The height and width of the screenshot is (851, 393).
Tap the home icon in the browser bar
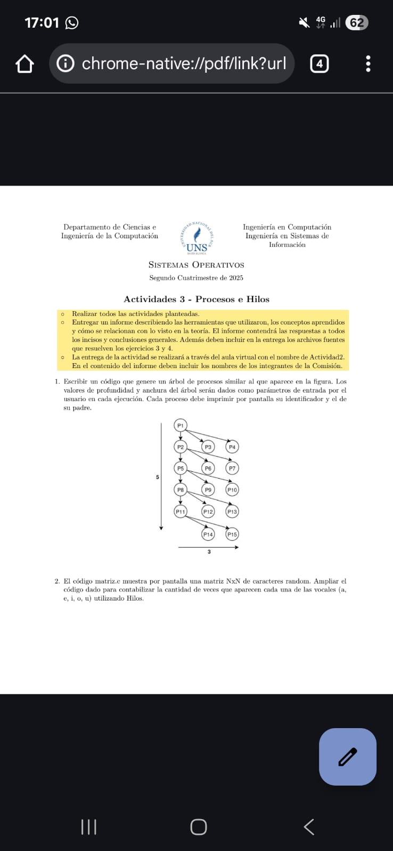point(24,64)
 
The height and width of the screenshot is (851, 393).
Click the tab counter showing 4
point(319,64)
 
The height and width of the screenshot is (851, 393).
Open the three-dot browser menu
point(368,64)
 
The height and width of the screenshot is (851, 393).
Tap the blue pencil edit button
point(348,756)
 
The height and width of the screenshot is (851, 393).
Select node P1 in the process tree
point(181,425)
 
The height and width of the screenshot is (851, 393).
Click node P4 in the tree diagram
point(232,447)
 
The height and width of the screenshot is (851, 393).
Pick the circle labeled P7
point(232,468)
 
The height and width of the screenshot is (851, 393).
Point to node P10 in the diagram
point(232,489)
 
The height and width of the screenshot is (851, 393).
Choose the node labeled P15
point(232,534)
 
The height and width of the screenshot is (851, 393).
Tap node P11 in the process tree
point(181,511)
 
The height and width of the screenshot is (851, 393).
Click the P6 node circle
point(208,468)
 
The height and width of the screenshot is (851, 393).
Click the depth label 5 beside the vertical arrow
point(157,477)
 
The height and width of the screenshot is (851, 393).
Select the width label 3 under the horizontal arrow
point(209,552)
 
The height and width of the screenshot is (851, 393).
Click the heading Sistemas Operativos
point(196,265)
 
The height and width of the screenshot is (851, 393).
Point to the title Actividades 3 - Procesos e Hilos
point(196,299)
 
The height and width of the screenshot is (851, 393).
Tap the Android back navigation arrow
point(309,827)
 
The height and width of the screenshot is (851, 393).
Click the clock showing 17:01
point(42,23)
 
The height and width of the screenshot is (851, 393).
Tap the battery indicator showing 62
point(356,23)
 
